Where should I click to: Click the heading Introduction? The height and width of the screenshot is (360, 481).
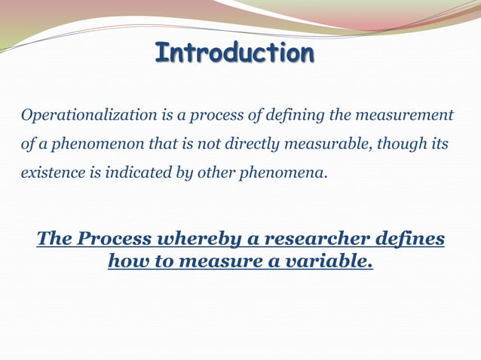pyautogui.click(x=234, y=54)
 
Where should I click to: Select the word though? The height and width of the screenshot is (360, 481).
pyautogui.click(x=387, y=145)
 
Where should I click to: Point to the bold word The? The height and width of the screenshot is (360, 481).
pyautogui.click(x=54, y=239)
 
